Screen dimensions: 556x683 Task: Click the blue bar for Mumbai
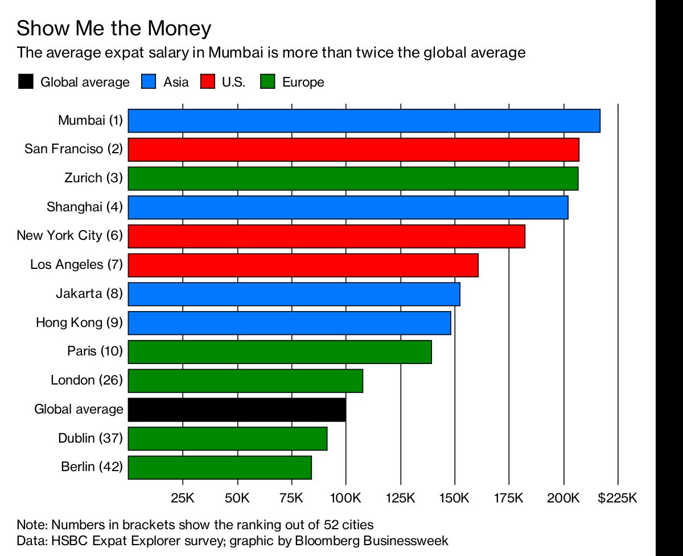(364, 121)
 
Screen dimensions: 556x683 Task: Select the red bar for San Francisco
(353, 149)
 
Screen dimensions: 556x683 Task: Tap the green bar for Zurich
(353, 178)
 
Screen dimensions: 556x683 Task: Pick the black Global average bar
(237, 410)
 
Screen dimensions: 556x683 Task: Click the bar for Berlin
(220, 467)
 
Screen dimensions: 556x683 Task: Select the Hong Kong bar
(289, 323)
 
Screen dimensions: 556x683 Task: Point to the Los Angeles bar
(303, 265)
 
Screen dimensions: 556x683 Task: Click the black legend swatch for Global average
(26, 82)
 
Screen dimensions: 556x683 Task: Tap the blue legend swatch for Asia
(149, 82)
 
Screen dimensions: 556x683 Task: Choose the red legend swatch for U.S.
(207, 82)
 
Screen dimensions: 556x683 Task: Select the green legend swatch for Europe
(268, 82)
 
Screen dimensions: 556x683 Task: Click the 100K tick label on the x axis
(345, 498)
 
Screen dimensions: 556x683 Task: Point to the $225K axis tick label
(617, 498)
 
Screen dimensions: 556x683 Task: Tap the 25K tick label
(183, 498)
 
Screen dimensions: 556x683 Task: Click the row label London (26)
(87, 380)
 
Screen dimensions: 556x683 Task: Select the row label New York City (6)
(69, 235)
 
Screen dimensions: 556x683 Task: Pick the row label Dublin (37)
(90, 438)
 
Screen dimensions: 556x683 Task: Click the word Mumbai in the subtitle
(234, 53)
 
